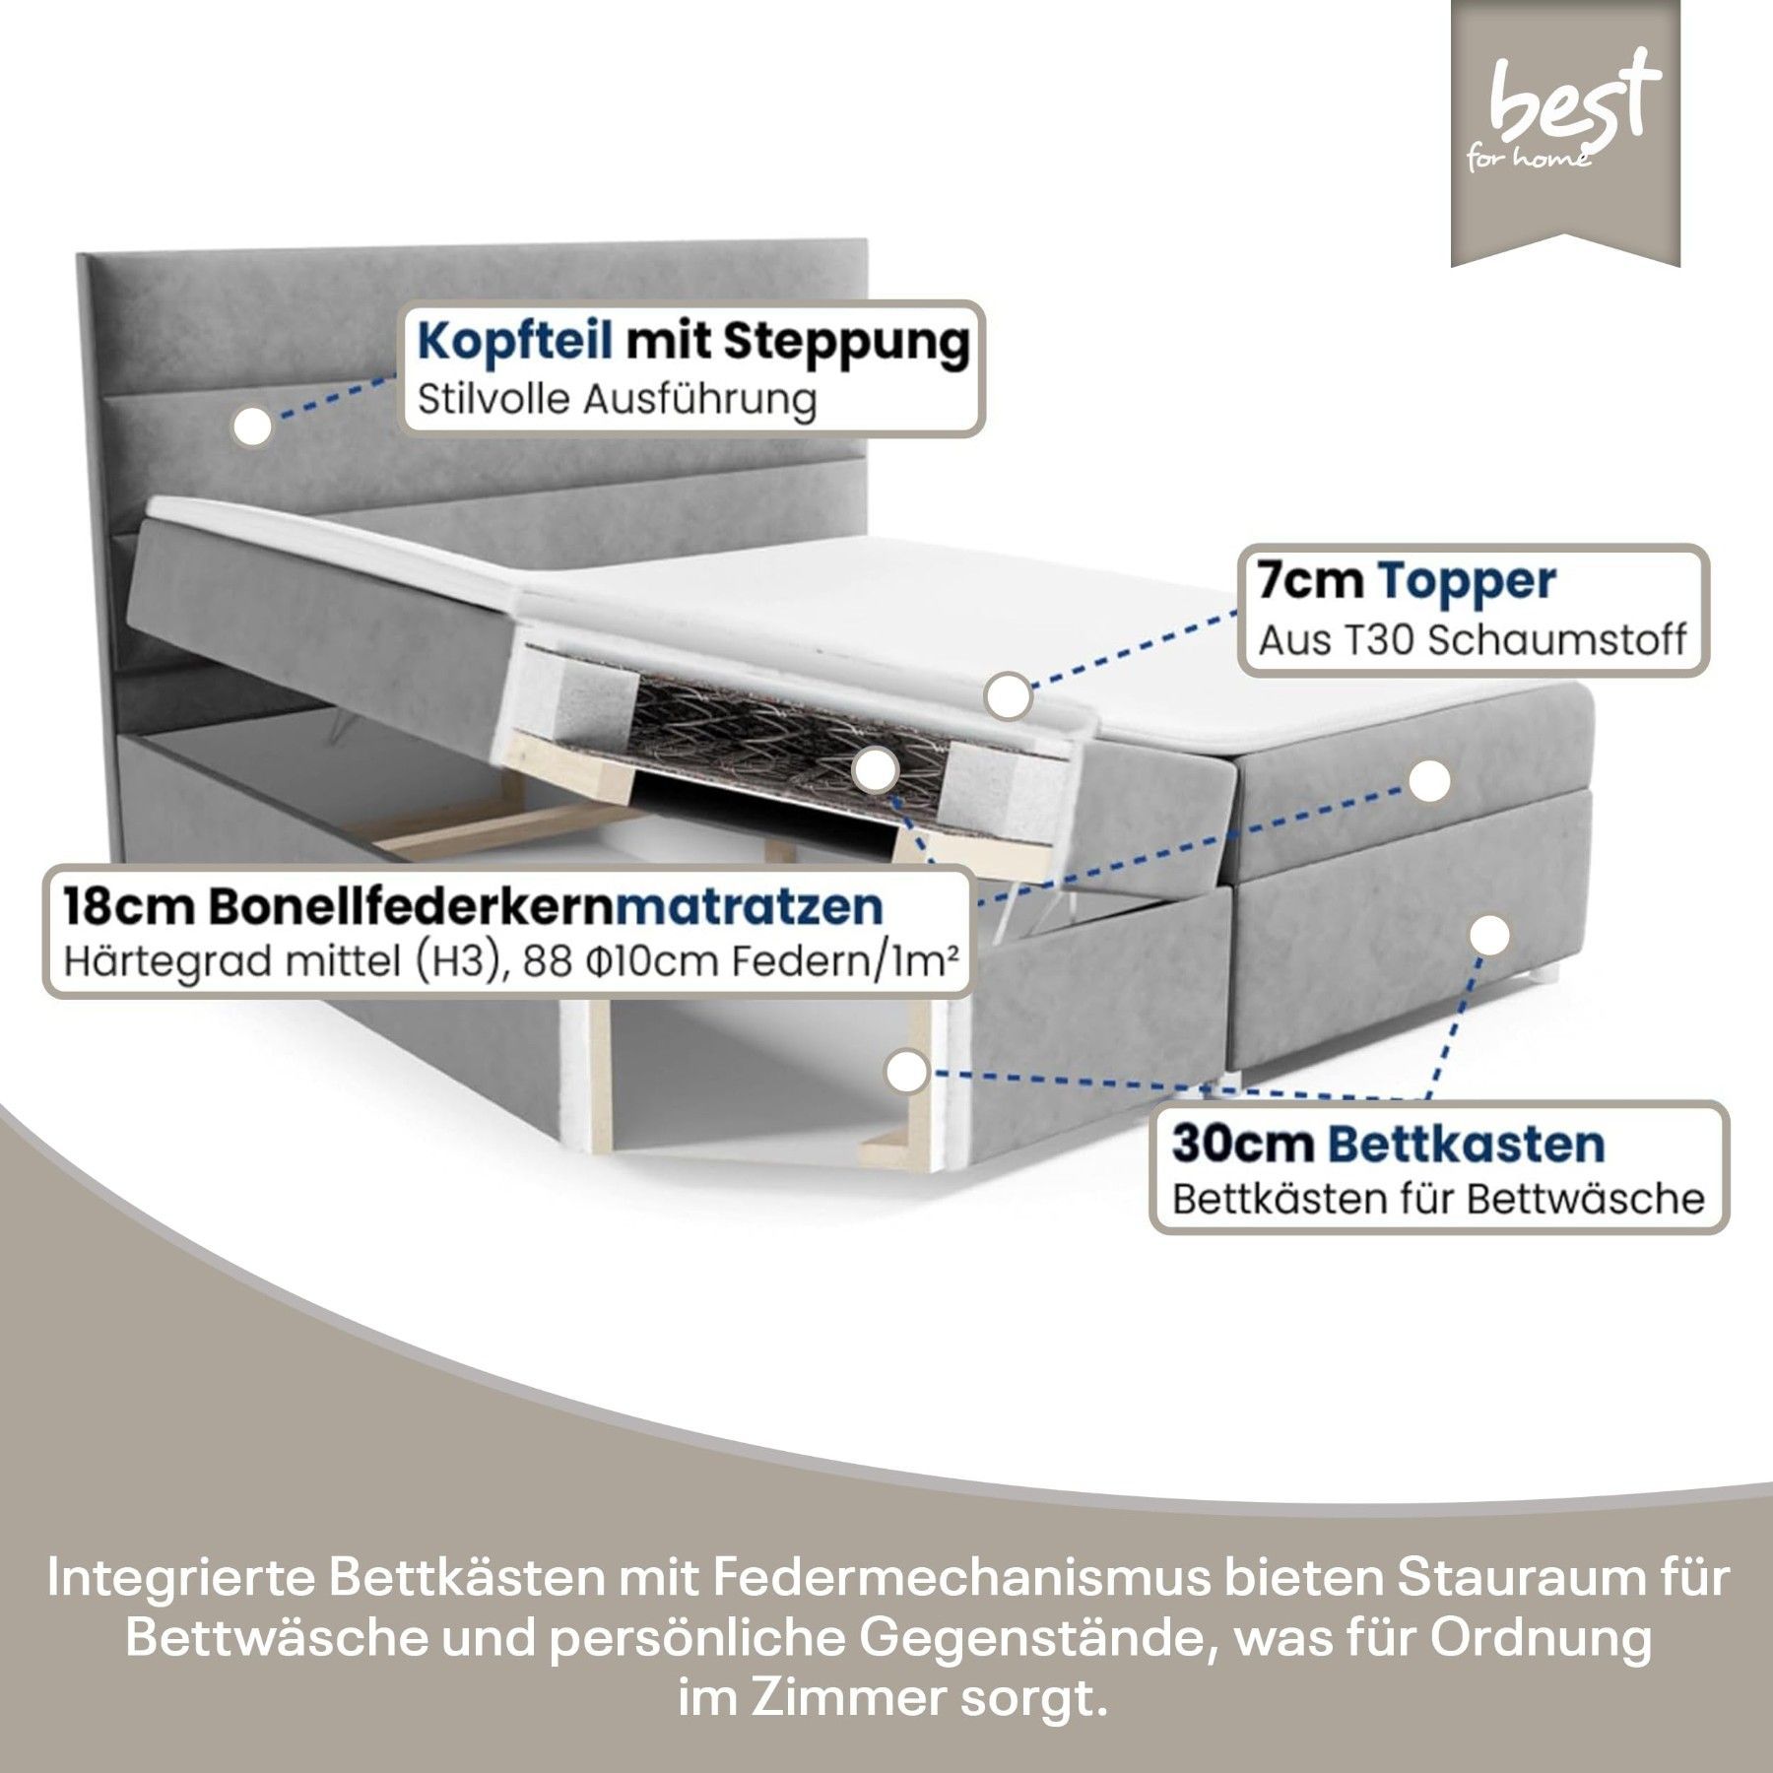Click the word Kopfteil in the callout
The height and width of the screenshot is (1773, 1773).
pyautogui.click(x=515, y=342)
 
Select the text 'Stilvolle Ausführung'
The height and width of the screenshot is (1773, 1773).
pyautogui.click(x=617, y=401)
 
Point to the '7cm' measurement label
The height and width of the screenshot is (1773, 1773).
pyautogui.click(x=1310, y=581)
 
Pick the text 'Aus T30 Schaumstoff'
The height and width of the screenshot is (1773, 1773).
pyautogui.click(x=1472, y=641)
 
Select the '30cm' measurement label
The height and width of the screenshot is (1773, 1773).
pyautogui.click(x=1242, y=1145)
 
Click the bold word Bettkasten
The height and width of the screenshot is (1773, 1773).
pyautogui.click(x=1467, y=1145)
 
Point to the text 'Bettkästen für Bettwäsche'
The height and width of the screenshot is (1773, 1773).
pyautogui.click(x=1438, y=1200)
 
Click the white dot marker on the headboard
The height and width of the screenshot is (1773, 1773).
pyautogui.click(x=253, y=427)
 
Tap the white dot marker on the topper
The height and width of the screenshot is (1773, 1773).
pyautogui.click(x=1008, y=696)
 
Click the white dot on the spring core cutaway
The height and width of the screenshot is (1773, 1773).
pyautogui.click(x=876, y=771)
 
